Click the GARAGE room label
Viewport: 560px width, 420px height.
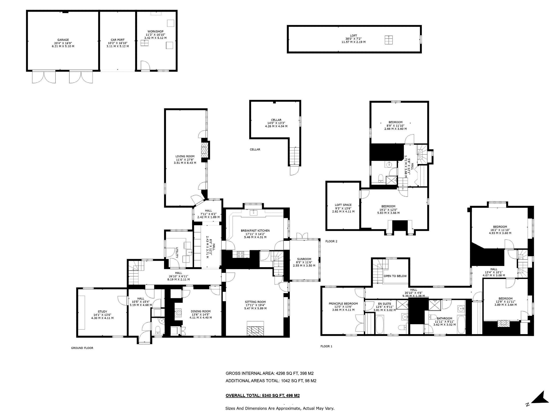(63, 40)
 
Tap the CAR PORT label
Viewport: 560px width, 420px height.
(118, 40)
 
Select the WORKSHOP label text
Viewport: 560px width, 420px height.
(155, 31)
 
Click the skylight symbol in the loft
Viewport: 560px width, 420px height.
(389, 40)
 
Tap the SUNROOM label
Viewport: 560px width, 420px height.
(304, 259)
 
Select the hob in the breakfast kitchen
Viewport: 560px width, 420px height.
(240, 254)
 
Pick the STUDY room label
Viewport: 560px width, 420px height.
(102, 311)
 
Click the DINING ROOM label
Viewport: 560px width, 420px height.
(201, 311)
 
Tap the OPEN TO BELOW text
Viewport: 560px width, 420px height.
(395, 276)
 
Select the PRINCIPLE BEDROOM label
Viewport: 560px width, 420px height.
(343, 304)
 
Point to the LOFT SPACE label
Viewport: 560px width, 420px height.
(343, 205)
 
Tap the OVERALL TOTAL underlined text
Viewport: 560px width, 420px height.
(263, 395)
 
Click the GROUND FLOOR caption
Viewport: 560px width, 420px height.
(82, 348)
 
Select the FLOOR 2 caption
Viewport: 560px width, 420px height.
(331, 241)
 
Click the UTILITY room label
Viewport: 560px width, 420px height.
(177, 252)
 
